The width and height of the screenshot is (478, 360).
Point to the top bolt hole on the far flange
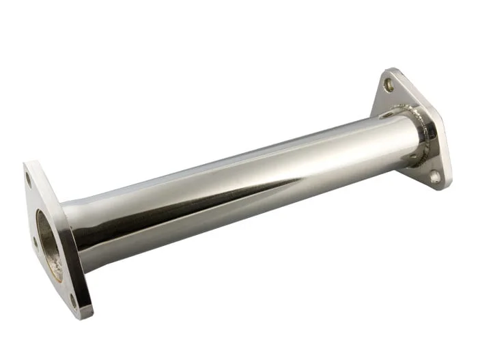pyautogui.click(x=389, y=85)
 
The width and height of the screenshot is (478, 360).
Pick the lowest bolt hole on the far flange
pyautogui.click(x=434, y=176)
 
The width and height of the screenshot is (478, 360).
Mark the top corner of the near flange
pyautogui.click(x=26, y=164)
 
